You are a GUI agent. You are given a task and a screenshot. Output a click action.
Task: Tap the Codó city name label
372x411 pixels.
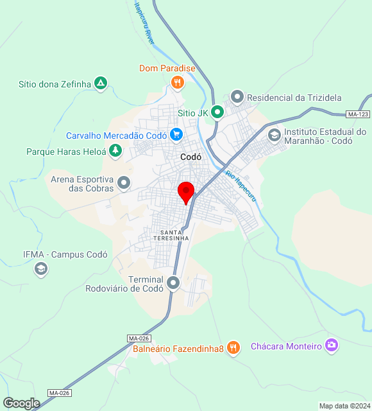coord(191,157)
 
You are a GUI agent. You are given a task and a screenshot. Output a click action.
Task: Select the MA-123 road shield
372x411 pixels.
coord(357,114)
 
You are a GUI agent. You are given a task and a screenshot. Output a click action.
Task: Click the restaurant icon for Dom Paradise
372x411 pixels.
coord(178,82)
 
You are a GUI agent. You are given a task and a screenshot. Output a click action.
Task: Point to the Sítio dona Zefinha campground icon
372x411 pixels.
coord(101,83)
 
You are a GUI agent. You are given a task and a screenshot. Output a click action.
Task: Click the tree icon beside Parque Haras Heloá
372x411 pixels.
coord(115,151)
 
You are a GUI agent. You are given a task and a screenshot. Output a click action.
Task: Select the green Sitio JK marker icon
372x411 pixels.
coord(218,112)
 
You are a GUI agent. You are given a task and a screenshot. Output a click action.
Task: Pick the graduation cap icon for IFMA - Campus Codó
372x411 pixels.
coord(41,268)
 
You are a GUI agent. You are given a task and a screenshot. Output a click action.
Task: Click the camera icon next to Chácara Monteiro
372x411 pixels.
coord(332,345)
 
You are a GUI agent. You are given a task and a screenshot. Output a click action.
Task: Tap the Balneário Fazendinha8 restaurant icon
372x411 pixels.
coord(233,348)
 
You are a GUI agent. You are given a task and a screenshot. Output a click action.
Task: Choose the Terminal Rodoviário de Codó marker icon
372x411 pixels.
coord(173,283)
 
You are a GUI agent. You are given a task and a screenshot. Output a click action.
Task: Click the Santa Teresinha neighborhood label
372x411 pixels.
coord(171,235)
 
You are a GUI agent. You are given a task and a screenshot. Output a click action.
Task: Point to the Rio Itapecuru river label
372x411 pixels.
coord(241,186)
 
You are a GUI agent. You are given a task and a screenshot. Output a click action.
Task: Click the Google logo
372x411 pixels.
coord(21,403)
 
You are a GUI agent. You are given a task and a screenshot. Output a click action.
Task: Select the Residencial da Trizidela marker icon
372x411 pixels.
coord(237,98)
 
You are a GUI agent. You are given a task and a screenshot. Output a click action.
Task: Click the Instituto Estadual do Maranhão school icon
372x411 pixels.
coord(275,135)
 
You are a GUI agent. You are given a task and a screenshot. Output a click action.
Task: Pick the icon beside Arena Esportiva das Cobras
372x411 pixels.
coord(124,183)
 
